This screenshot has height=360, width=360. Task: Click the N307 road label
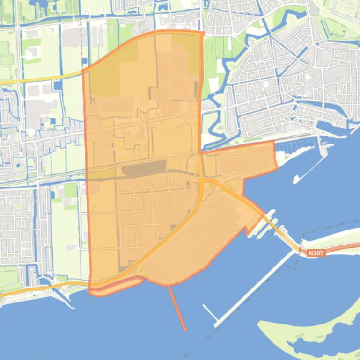(316, 253)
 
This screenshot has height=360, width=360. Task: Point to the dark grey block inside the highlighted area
(144, 167)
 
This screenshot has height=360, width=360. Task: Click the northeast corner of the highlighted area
(203, 33)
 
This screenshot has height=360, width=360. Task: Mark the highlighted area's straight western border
(86, 178)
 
